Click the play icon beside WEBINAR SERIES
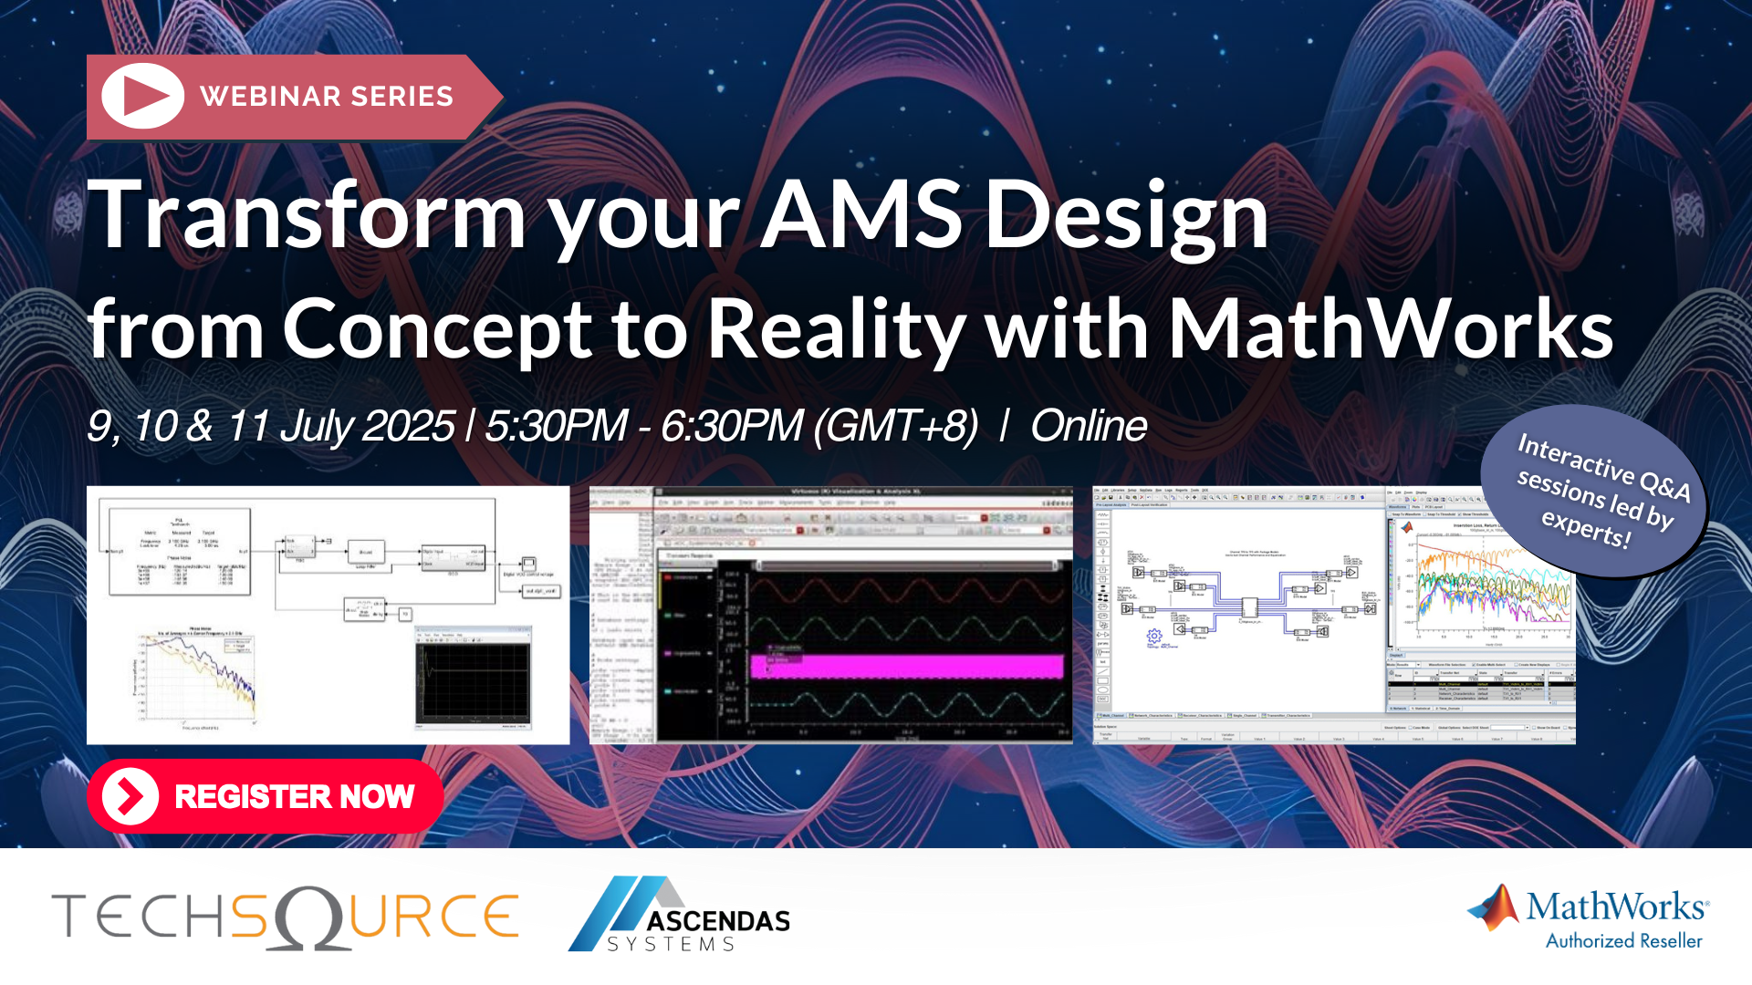[x=142, y=96]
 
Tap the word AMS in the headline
[x=861, y=215]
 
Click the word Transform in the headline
[x=307, y=215]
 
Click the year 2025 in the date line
[x=408, y=426]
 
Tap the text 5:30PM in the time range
[x=555, y=426]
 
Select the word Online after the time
[x=1088, y=426]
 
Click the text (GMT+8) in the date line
[x=895, y=426]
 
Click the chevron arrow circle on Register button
[x=130, y=796]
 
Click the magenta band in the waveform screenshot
[x=907, y=667]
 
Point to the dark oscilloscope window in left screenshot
[x=473, y=680]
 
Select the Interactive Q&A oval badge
[x=1594, y=492]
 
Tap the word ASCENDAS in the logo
[x=718, y=921]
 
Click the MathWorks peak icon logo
[x=1494, y=907]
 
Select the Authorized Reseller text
[x=1623, y=941]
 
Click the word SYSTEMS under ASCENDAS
[x=672, y=945]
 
